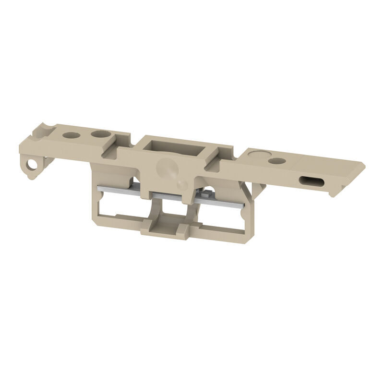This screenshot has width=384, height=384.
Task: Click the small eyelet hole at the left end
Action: [x=32, y=166]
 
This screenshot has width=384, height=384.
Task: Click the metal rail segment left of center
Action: [x=122, y=191]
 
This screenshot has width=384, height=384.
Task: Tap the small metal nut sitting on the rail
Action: [x=204, y=194]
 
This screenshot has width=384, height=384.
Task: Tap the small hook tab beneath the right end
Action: [x=331, y=193]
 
